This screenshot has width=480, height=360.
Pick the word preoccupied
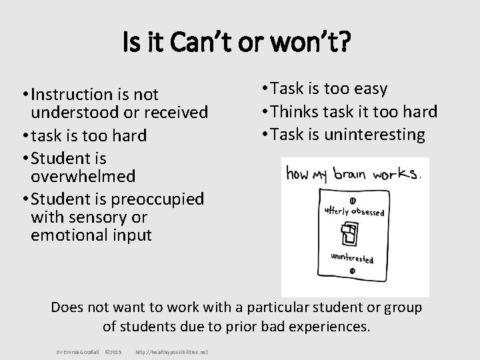(x=165, y=199)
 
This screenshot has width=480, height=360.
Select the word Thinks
(x=320, y=111)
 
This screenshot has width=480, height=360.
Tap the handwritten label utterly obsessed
(x=353, y=211)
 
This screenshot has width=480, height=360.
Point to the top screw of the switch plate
(x=351, y=200)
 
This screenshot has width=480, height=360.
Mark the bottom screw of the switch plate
(x=351, y=270)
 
